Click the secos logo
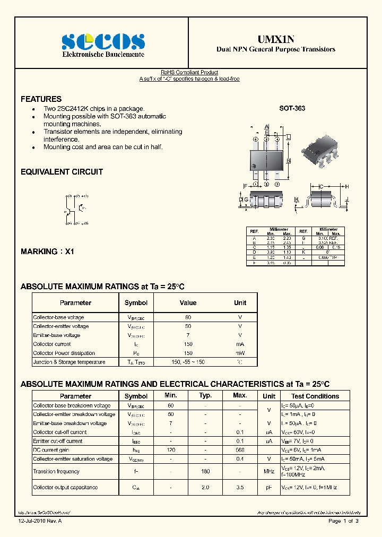point(103,41)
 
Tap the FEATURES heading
point(41,99)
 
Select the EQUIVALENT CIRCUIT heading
point(62,172)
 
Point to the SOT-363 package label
point(292,108)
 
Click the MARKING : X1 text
point(47,252)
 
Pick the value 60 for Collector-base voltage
point(188,317)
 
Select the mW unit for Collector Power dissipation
point(240,353)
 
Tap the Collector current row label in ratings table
point(52,344)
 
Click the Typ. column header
point(205,396)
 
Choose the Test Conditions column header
point(315,396)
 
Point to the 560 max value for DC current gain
point(240,450)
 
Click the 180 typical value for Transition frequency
point(205,471)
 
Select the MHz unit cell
point(269,471)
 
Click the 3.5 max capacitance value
point(240,487)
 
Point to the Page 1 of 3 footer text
point(343,521)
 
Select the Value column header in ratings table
point(188,303)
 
